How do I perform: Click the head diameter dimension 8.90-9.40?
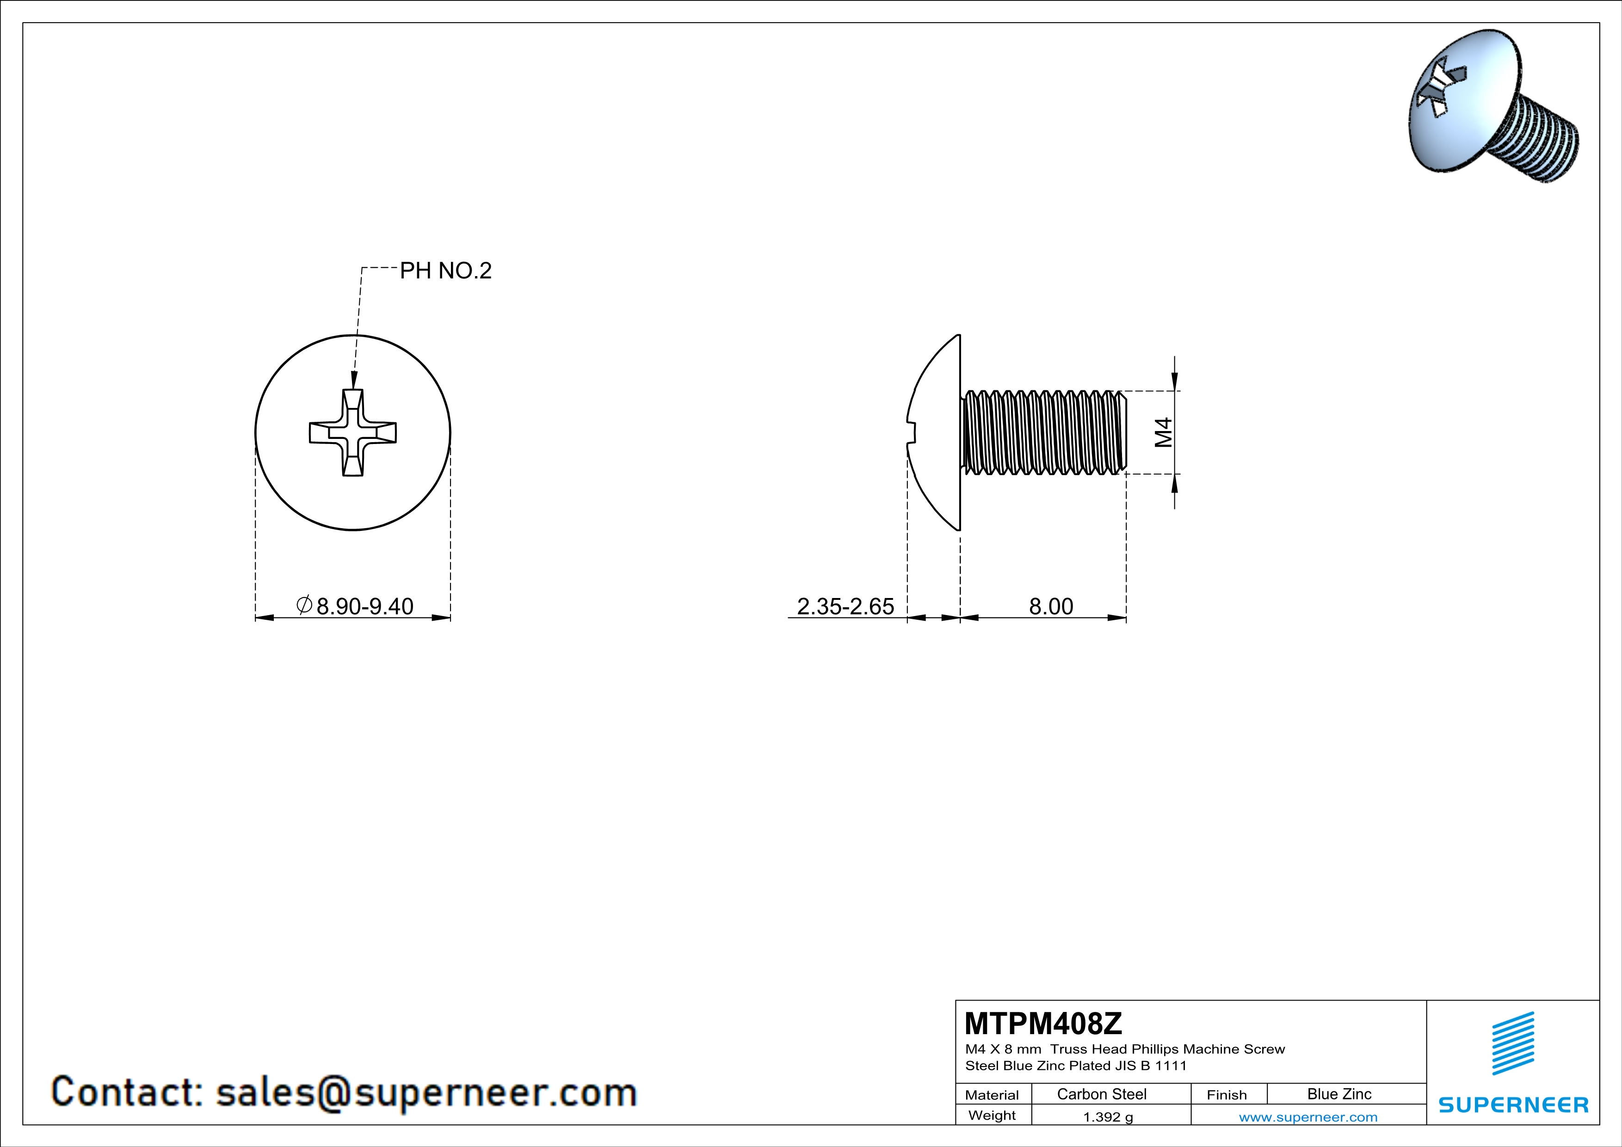click(x=364, y=606)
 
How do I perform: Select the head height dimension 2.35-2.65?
click(x=845, y=606)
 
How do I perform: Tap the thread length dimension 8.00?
click(x=1050, y=606)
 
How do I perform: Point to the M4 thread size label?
click(x=1163, y=432)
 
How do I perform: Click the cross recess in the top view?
click(x=352, y=432)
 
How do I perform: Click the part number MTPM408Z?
click(x=1042, y=1024)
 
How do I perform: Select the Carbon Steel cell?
click(x=1101, y=1094)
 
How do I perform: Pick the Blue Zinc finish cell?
click(x=1338, y=1094)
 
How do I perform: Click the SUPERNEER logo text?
click(x=1513, y=1104)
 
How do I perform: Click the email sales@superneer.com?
click(x=426, y=1092)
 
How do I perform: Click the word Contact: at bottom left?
click(x=127, y=1092)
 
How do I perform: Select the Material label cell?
click(x=992, y=1095)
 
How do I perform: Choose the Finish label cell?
click(x=1227, y=1095)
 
